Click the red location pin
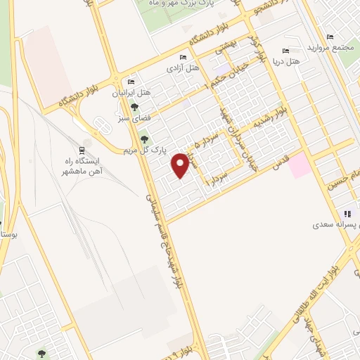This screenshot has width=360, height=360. [181, 164]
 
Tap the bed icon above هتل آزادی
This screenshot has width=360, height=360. [183, 57]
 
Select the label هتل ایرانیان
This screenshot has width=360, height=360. [131, 93]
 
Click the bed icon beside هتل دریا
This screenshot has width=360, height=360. [285, 51]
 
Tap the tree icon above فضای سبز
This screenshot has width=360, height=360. [134, 107]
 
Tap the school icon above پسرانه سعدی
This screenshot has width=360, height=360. [347, 214]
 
